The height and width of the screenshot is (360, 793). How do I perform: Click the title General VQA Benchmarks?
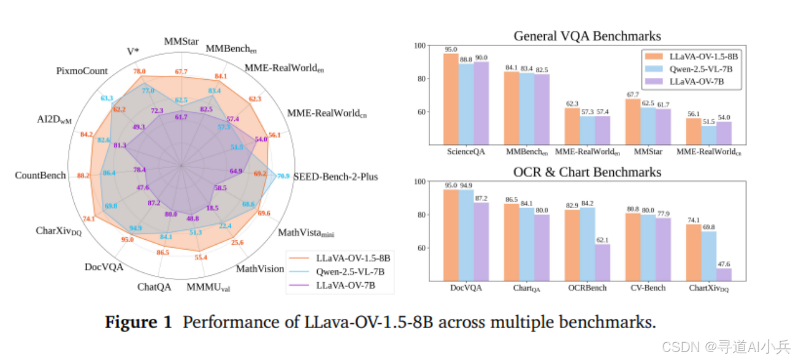(587, 36)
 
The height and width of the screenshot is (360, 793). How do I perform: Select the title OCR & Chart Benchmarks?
(587, 172)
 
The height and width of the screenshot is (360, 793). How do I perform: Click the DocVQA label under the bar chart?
(465, 288)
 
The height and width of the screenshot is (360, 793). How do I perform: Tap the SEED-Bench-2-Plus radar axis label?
(335, 177)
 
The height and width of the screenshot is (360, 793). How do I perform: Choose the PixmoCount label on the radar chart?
(82, 71)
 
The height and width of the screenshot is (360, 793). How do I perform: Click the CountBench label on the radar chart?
(40, 175)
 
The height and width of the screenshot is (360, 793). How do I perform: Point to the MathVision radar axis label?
(261, 269)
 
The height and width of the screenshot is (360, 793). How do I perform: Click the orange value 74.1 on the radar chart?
(88, 219)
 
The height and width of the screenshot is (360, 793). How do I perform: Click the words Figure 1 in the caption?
(138, 322)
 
